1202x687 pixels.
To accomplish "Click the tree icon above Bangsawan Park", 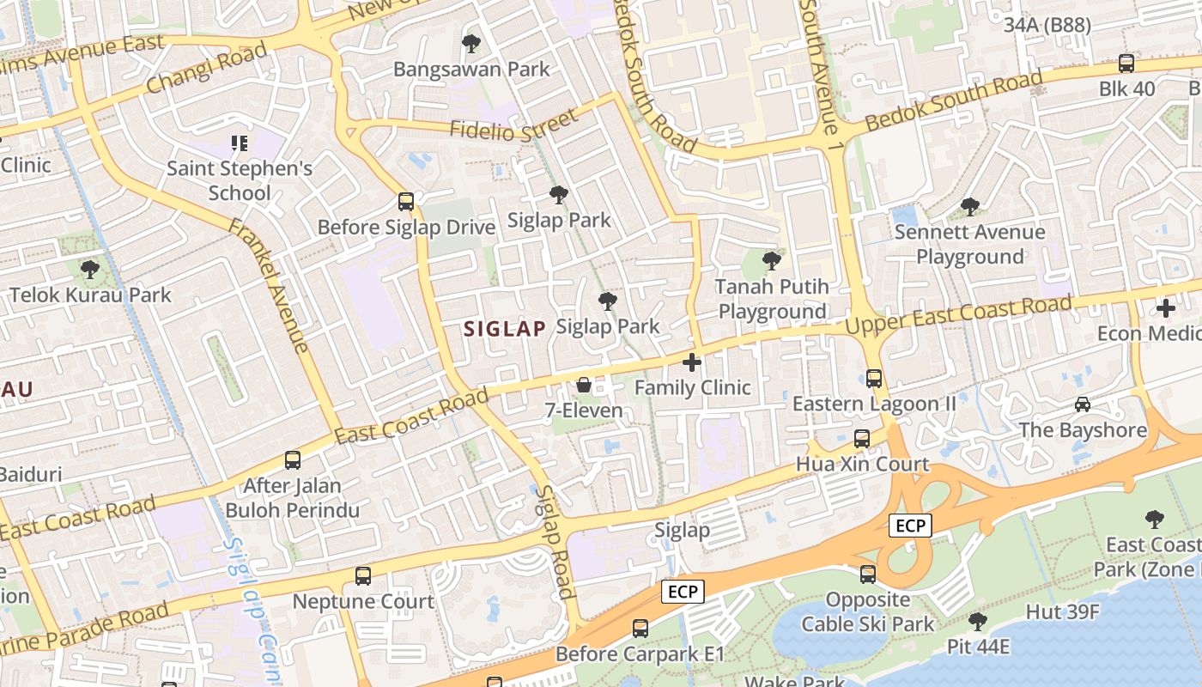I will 470,43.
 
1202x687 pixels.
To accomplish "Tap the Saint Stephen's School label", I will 240,179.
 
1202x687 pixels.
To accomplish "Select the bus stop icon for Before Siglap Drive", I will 406,202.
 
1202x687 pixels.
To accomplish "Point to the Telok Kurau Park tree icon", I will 89,270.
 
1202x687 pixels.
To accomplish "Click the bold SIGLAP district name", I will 505,328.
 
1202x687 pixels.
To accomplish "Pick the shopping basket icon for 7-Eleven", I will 584,385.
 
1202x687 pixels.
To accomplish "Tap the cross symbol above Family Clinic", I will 692,362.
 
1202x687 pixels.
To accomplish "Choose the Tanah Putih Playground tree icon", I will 772,260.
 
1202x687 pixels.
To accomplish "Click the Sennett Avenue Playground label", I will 969,244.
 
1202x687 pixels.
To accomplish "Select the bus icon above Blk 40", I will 1126,63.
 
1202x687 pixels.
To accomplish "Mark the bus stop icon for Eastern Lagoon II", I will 874,378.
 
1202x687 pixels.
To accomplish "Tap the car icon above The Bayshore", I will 1083,404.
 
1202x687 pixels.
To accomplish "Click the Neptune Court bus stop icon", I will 363,575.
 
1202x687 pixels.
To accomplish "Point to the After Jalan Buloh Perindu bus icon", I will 293,459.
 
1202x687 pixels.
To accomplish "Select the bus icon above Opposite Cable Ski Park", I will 868,574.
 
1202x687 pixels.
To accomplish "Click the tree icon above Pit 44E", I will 977,620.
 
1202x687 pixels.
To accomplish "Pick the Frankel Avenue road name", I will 269,285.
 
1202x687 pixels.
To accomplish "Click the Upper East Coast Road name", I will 958,315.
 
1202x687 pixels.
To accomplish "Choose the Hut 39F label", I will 1063,611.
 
